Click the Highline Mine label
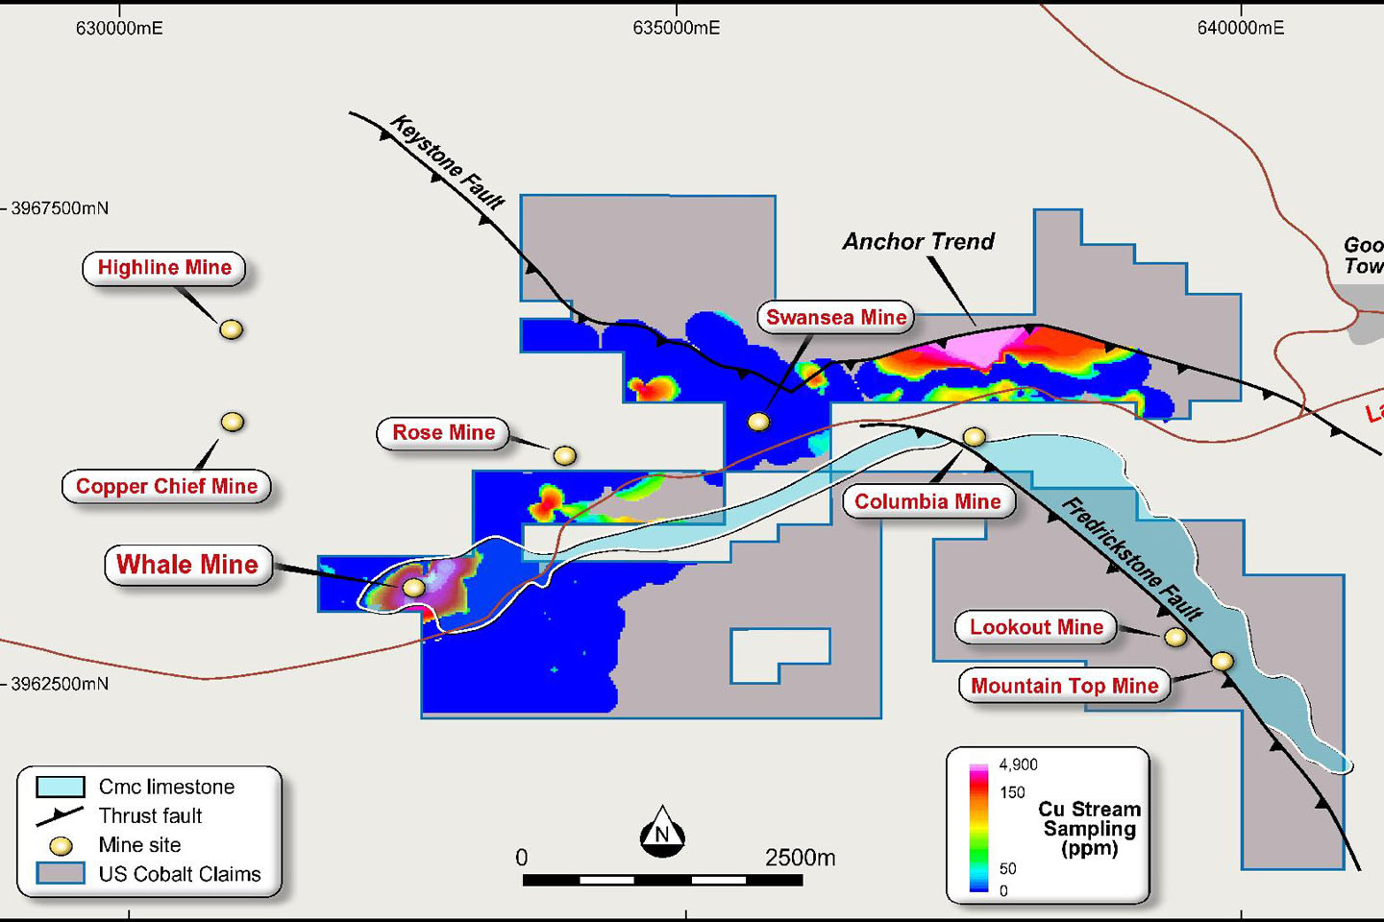click(164, 268)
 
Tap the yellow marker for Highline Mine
click(231, 329)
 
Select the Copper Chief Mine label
click(166, 486)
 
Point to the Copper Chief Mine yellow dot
click(232, 422)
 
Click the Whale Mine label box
click(187, 565)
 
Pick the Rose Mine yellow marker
click(564, 455)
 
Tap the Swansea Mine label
click(836, 318)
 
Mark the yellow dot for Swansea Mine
click(758, 422)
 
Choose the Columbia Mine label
click(927, 501)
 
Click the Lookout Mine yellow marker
click(1174, 637)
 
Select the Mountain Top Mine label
click(1064, 686)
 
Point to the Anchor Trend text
click(918, 242)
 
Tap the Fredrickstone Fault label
click(1131, 559)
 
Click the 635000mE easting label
click(676, 28)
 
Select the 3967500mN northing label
click(60, 208)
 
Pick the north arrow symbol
click(662, 832)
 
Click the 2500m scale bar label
click(800, 858)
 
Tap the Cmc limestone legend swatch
click(60, 787)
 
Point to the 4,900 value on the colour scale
click(1018, 764)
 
